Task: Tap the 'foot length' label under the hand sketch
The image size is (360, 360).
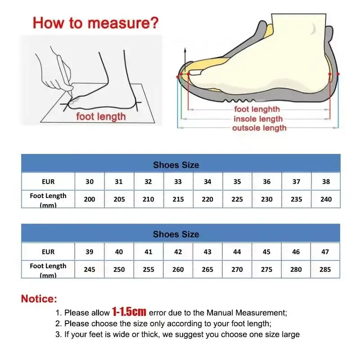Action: (101, 117)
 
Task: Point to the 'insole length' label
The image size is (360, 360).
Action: (258, 119)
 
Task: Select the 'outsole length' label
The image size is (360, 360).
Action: (259, 128)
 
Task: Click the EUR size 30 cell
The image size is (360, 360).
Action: (90, 182)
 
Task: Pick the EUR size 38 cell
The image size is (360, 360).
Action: (326, 182)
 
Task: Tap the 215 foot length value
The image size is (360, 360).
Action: (178, 199)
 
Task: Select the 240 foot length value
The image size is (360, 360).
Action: (326, 199)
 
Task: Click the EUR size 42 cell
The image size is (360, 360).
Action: (178, 252)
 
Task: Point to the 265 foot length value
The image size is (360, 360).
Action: (207, 269)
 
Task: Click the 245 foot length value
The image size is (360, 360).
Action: (90, 269)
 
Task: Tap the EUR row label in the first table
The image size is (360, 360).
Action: (48, 182)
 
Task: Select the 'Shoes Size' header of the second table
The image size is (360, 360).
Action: (176, 234)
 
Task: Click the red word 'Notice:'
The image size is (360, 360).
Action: (39, 299)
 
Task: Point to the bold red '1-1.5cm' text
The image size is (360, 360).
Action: (129, 312)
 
